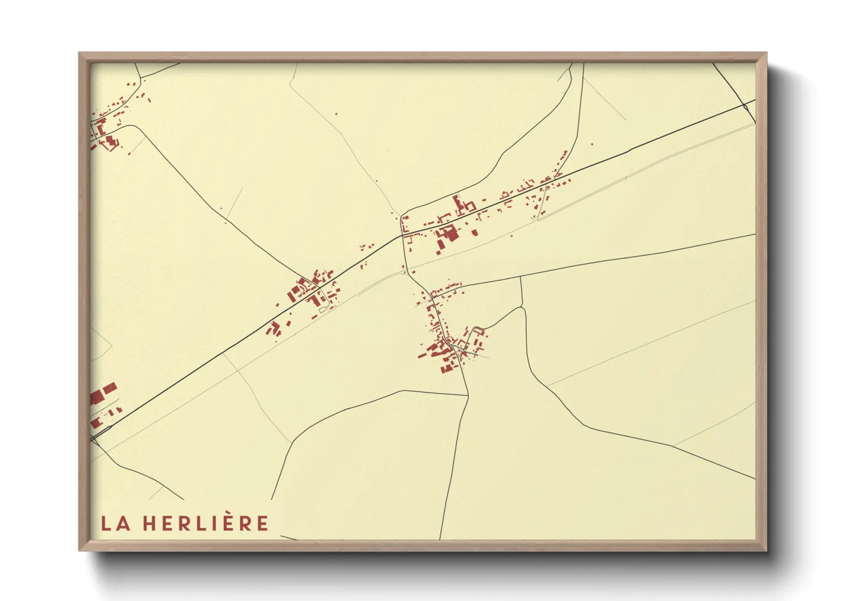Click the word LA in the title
pos(115,523)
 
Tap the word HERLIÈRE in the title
pos(205,523)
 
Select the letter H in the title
pos(149,524)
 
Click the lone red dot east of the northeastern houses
pos(592,144)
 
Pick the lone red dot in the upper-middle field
pos(336,114)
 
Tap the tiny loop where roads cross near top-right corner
pos(746,106)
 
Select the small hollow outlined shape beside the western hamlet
pos(323,310)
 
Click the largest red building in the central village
pos(449,233)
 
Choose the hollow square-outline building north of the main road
pos(469,206)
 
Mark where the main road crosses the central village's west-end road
pos(402,235)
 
